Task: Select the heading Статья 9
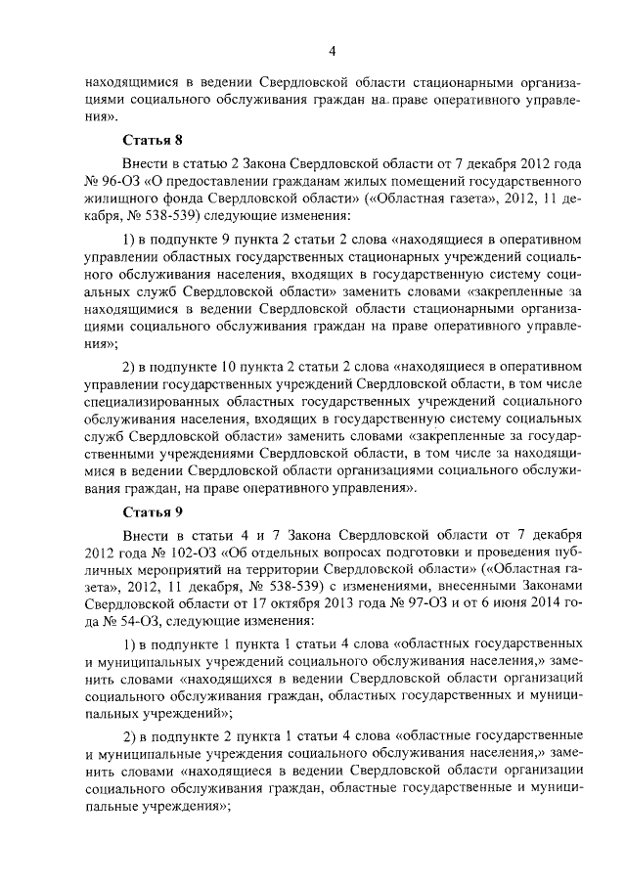click(152, 511)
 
